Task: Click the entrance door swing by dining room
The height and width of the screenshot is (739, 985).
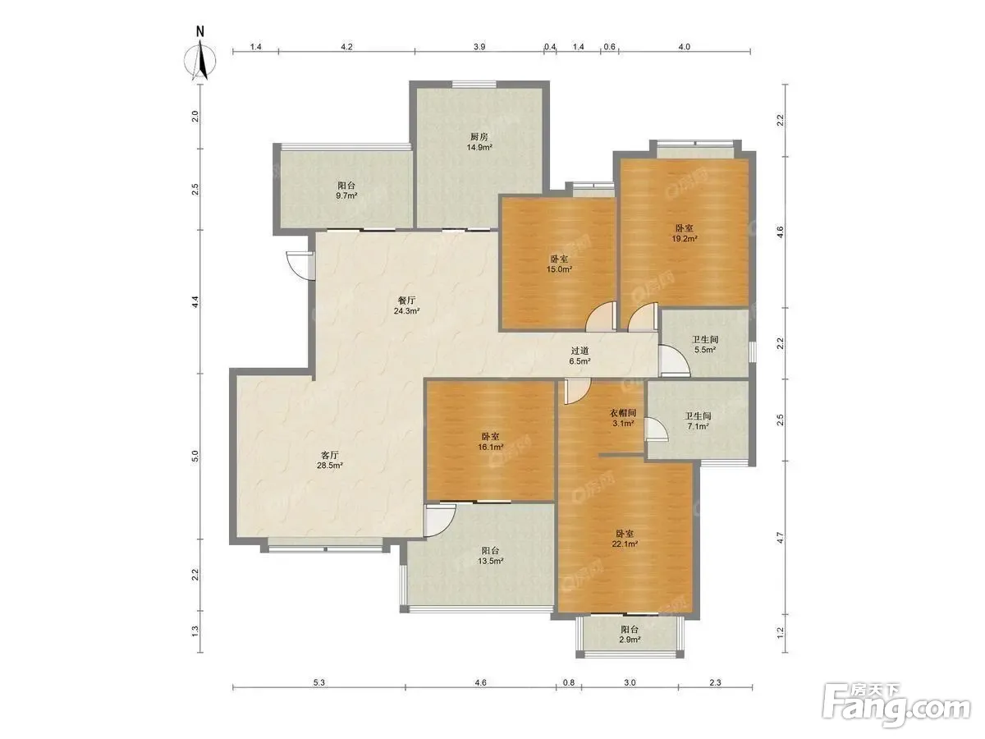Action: click(x=300, y=266)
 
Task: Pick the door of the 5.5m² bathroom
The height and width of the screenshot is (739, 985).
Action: click(x=674, y=360)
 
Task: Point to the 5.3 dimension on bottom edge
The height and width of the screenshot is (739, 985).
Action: click(x=318, y=682)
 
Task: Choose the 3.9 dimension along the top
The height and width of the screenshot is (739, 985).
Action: click(x=479, y=46)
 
